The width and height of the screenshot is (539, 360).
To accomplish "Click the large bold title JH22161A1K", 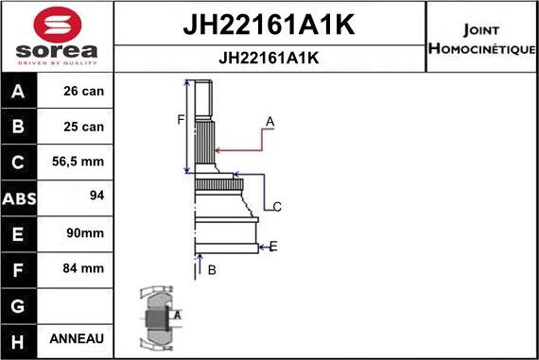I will point(269,26).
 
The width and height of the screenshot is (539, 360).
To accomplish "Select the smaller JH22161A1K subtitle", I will point(269,58).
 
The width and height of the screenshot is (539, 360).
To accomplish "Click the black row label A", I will point(19,93).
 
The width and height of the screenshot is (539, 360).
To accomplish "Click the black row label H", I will point(19,338).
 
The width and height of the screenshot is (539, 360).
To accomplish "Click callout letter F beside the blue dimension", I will point(180,120).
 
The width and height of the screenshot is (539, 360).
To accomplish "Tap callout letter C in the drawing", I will point(277,207).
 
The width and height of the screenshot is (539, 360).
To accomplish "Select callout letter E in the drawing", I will point(273,247).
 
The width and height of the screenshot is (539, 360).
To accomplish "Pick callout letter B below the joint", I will point(212,270).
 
